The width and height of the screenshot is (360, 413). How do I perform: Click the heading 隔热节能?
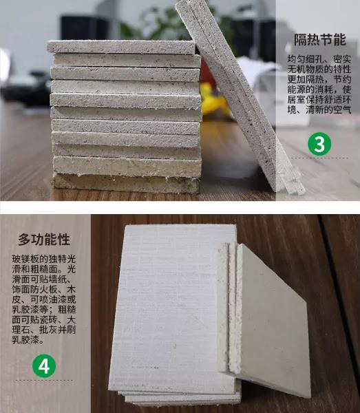click(319, 40)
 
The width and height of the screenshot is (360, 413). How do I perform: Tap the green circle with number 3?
click(319, 144)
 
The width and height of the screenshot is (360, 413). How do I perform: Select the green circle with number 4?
click(44, 366)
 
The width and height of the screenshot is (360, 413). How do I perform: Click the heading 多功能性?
click(44, 240)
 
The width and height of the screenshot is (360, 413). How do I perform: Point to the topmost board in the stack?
click(121, 47)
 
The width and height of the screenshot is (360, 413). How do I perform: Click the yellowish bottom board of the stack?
click(126, 183)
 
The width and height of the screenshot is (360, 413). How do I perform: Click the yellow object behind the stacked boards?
click(212, 98)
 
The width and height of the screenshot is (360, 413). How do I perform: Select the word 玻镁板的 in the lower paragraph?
click(30, 260)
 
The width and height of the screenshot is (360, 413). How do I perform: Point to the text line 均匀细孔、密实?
click(319, 59)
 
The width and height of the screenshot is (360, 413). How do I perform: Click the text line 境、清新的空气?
click(319, 109)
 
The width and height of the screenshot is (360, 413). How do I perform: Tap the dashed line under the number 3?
click(319, 158)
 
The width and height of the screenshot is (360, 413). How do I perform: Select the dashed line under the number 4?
click(44, 380)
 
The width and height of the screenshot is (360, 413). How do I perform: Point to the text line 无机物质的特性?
click(319, 70)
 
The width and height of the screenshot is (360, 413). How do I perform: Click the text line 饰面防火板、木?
click(44, 290)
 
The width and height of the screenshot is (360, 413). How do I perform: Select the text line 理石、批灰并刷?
click(44, 330)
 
